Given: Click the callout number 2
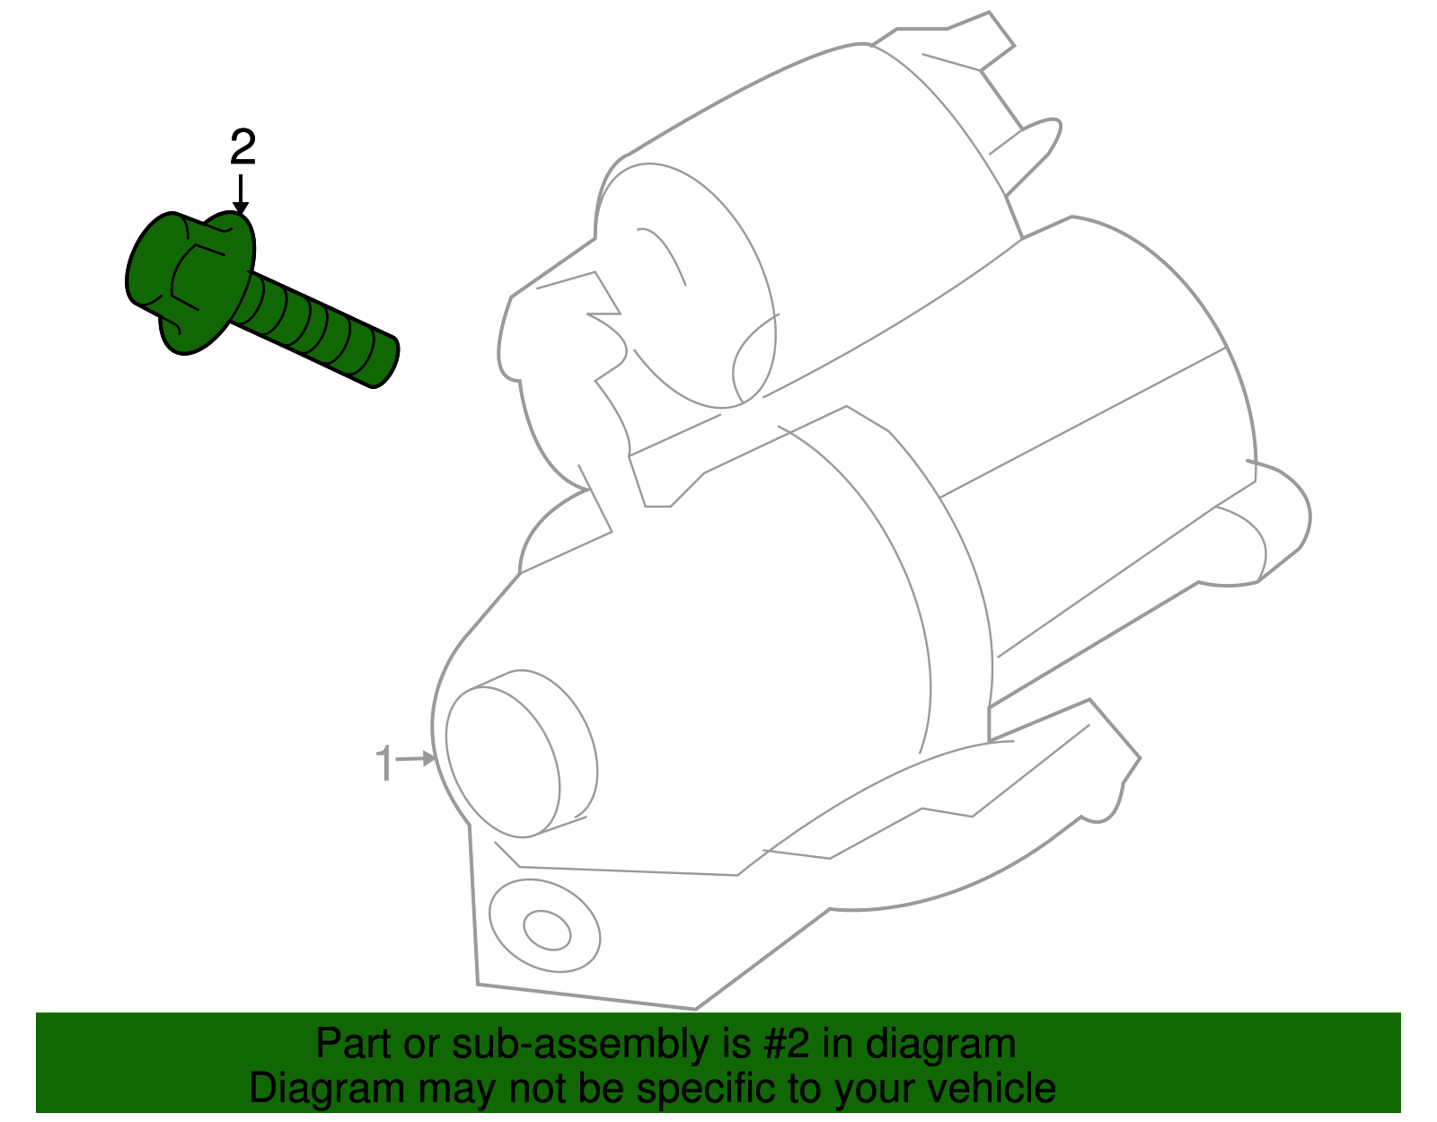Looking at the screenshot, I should tap(242, 148).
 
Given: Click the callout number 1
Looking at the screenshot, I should tap(384, 764).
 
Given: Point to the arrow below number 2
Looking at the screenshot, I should tap(240, 195).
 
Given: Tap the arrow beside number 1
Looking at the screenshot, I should tap(417, 759).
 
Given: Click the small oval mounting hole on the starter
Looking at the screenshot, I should tap(547, 930).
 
